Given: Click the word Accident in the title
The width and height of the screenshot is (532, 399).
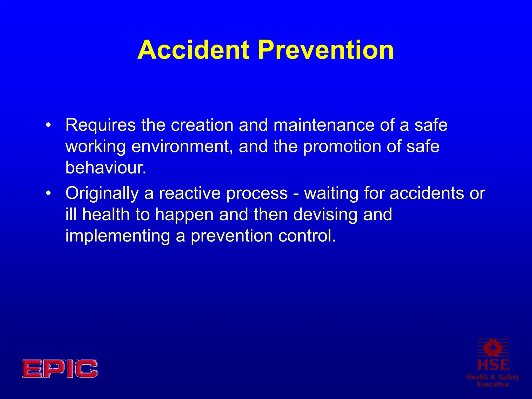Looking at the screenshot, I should click(x=194, y=50).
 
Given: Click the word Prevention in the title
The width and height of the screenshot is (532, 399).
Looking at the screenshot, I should click(x=325, y=50).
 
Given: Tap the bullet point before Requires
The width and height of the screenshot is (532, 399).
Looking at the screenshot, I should click(x=48, y=126).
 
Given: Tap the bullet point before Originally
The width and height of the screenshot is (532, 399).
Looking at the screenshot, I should click(x=48, y=194).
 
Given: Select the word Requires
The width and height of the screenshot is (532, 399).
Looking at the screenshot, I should click(x=101, y=126).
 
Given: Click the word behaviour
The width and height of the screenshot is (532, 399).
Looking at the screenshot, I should click(x=105, y=168).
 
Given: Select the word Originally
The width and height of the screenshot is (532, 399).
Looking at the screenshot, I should click(x=102, y=194).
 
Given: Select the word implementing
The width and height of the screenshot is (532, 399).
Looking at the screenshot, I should click(x=117, y=236).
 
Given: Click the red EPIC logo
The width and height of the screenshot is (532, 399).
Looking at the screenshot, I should click(x=60, y=369).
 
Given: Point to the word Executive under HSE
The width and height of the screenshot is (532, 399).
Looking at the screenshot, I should click(x=493, y=384).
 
